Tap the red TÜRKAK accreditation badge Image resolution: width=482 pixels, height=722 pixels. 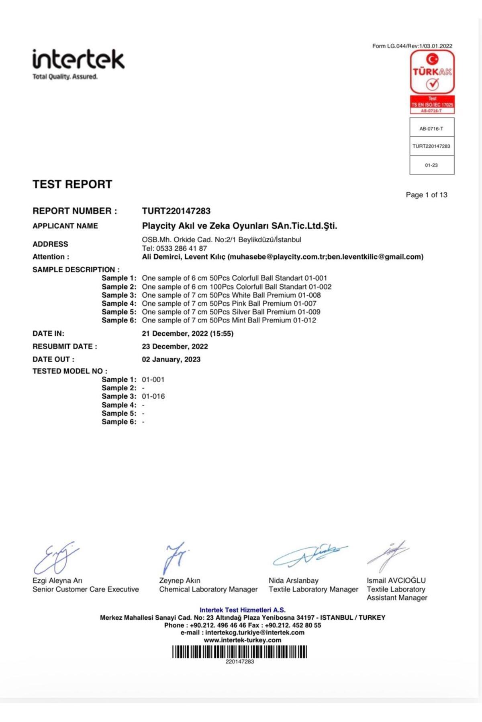click(x=432, y=81)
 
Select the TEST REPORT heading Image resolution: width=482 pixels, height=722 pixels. click(x=72, y=184)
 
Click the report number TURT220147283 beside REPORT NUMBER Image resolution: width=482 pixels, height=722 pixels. click(x=176, y=211)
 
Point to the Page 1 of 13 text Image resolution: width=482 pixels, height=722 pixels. click(x=426, y=195)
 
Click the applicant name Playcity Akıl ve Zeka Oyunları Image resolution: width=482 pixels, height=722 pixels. click(x=239, y=226)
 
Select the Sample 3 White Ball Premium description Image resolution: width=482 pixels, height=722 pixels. click(x=231, y=295)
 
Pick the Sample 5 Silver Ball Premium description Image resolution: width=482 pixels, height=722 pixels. click(x=231, y=312)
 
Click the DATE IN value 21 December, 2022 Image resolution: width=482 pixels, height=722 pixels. click(x=187, y=333)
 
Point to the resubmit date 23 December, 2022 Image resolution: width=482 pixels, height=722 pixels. click(x=175, y=347)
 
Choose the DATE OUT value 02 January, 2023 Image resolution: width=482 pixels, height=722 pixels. click(x=171, y=359)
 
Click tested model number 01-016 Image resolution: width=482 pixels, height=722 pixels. click(x=153, y=396)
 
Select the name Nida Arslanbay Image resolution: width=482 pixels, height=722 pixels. click(x=293, y=580)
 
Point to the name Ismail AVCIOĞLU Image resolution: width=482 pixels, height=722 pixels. click(x=396, y=580)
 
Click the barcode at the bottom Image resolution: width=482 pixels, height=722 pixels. click(x=239, y=652)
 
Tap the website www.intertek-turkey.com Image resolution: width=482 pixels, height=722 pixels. click(x=242, y=640)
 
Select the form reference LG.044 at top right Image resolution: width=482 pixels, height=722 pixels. click(x=412, y=46)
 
